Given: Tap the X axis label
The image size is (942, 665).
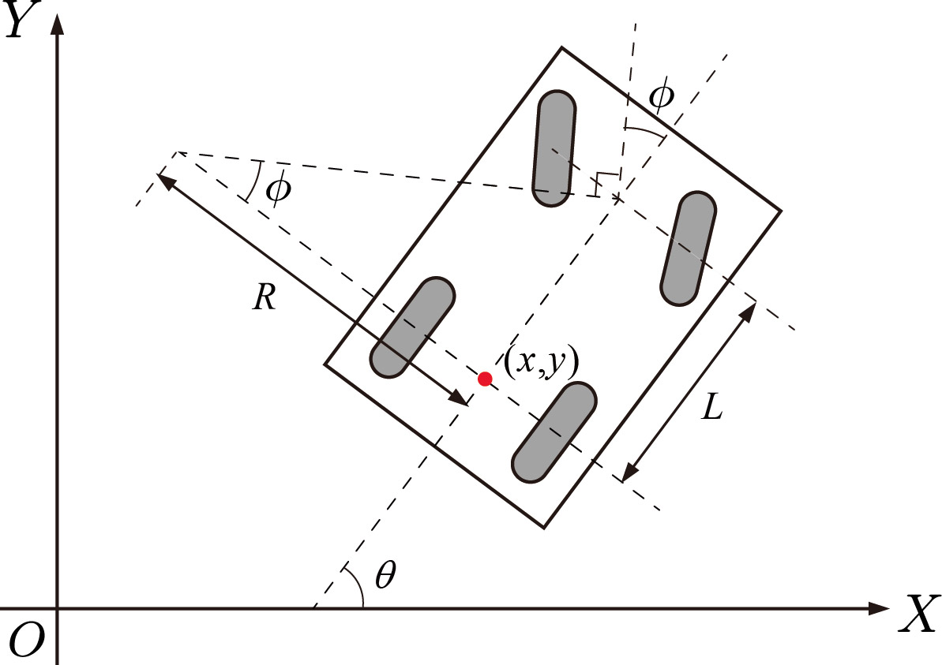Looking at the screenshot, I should coord(918,612).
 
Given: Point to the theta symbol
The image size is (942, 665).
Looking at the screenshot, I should coord(385,576).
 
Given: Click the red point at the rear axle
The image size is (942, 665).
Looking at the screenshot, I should coord(485,379).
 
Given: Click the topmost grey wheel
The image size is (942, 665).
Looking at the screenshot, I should coord(554,149).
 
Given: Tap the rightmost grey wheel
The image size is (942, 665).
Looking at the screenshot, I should coord(688,248).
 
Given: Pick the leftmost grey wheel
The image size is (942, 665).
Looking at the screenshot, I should coord(412,326).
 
